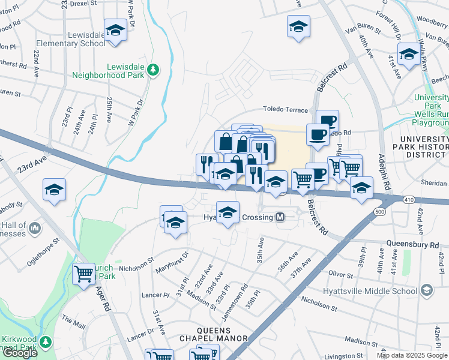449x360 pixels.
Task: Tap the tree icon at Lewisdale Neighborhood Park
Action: click(154, 70)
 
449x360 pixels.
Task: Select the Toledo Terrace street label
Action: click(285, 110)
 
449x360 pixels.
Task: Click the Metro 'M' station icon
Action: click(280, 218)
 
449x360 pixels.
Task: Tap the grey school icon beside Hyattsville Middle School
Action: click(426, 291)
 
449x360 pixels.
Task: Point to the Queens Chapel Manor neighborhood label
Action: click(214, 334)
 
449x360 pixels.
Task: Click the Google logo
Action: click(19, 353)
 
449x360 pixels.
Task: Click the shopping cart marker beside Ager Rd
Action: click(83, 273)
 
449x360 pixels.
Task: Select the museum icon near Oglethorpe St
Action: click(34, 228)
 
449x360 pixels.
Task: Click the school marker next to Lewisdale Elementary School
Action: click(115, 30)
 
